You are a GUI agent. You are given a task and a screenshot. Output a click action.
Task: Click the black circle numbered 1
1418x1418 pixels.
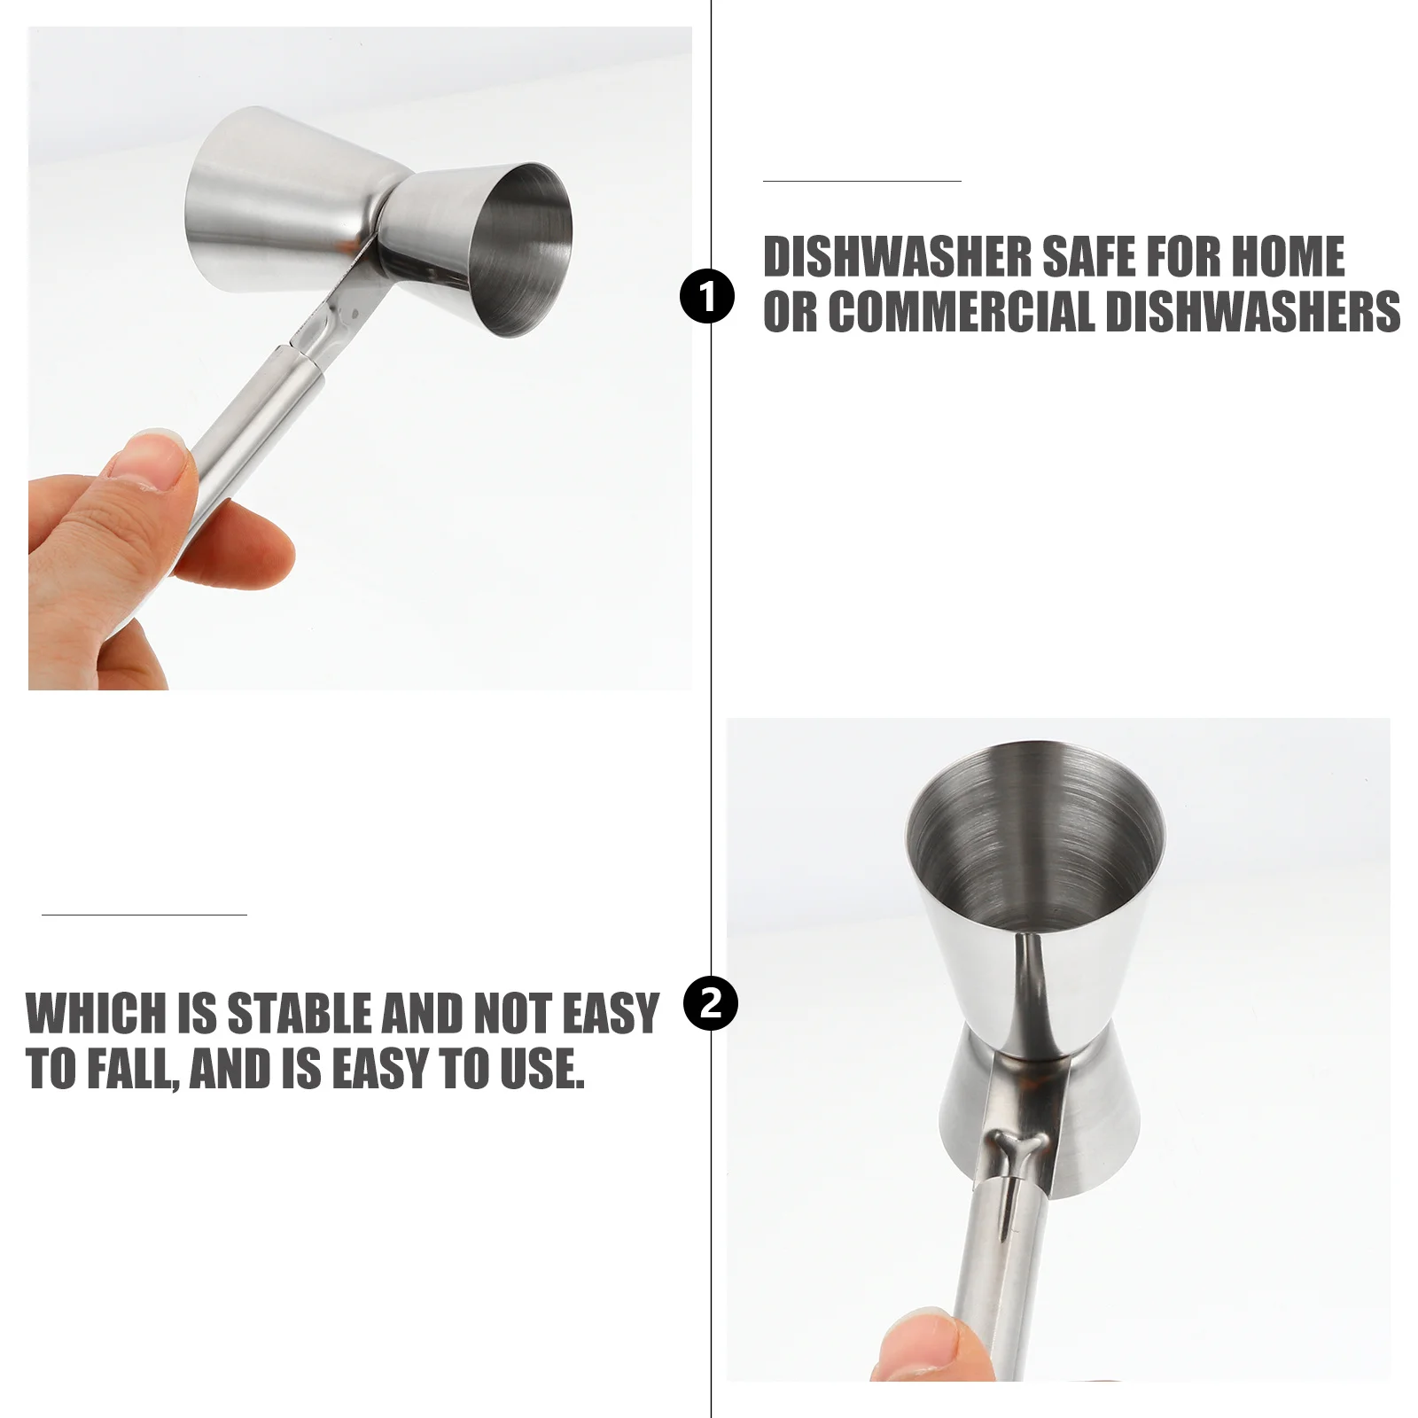point(707,298)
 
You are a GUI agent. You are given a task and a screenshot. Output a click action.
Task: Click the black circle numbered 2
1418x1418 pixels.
point(711,1004)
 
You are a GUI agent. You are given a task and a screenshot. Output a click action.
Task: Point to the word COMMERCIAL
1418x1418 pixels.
point(960,312)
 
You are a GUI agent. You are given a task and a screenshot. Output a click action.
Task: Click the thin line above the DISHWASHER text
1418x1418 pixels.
point(861,181)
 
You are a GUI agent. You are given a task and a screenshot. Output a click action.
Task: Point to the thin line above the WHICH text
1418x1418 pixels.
point(144,914)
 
